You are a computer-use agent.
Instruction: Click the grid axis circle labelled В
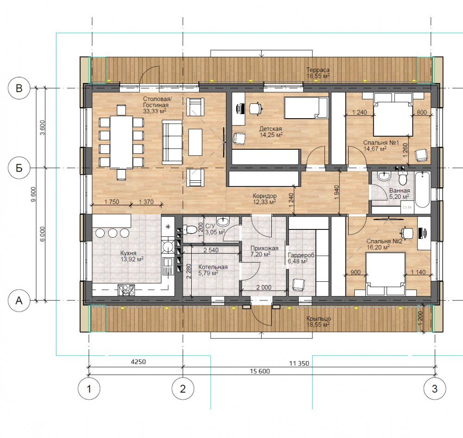[19, 89]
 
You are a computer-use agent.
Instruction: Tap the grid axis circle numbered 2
[183, 389]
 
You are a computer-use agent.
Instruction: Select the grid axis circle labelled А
[19, 300]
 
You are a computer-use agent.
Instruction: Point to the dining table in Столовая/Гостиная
[121, 142]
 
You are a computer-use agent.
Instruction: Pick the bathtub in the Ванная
[422, 190]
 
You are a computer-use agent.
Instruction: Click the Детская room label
[270, 129]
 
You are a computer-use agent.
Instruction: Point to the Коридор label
[264, 196]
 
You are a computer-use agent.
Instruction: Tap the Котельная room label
[213, 267]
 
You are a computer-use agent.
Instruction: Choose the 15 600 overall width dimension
[260, 371]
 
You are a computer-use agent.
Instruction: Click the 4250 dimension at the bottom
[138, 362]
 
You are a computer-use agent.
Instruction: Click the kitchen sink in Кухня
[167, 266]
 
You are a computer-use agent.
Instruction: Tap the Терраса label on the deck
[318, 70]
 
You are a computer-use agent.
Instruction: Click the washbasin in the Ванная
[384, 177]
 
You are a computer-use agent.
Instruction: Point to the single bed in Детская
[306, 108]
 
